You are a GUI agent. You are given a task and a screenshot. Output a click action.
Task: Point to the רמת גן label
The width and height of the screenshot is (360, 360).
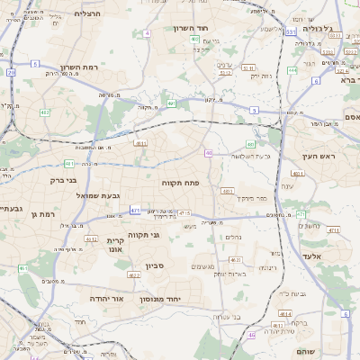(x=42, y=214)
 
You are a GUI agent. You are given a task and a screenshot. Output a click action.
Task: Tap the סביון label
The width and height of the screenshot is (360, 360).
(x=155, y=265)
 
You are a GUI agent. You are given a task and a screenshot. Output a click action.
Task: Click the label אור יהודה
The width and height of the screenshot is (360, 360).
(x=105, y=297)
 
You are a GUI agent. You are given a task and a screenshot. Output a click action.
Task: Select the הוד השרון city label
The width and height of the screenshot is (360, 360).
(x=194, y=28)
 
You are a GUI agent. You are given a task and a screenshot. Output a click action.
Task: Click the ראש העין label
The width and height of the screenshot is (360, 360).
(x=318, y=157)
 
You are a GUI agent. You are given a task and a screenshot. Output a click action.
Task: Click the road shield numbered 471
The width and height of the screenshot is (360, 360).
(x=135, y=211)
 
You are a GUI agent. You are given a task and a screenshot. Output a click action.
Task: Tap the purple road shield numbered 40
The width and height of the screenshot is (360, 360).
(x=208, y=153)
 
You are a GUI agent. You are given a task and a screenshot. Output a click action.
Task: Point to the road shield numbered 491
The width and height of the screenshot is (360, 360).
(x=171, y=103)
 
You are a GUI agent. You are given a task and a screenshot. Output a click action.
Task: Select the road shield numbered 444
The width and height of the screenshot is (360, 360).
(x=292, y=69)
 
